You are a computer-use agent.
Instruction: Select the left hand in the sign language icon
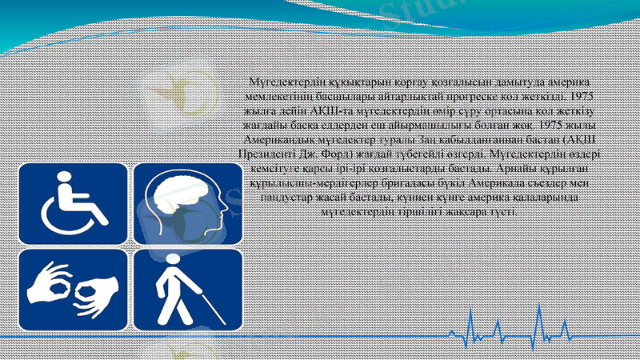tap(54, 281)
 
